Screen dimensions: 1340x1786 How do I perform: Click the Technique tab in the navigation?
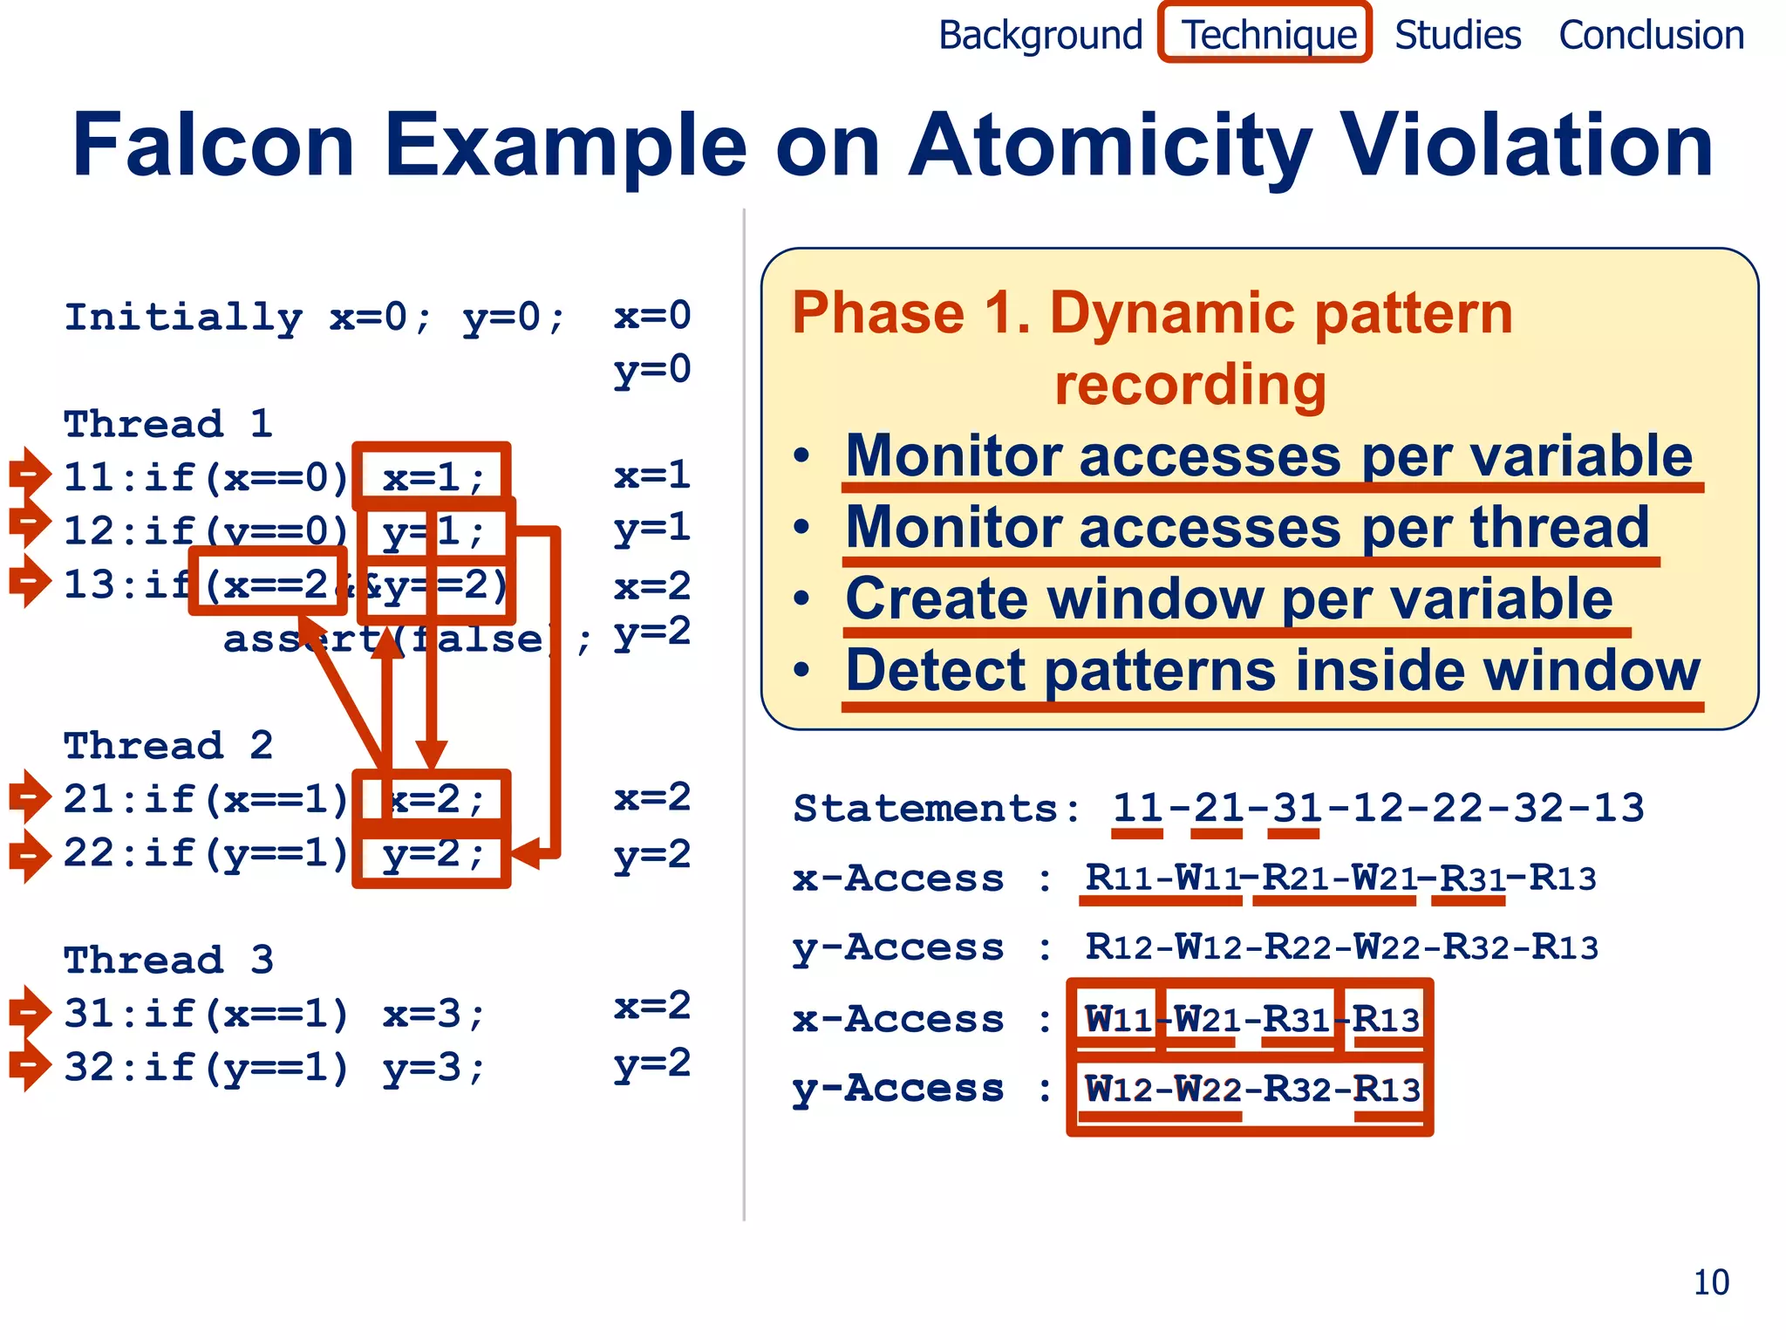(x=1266, y=35)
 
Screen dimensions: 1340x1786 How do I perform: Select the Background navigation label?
(x=1040, y=35)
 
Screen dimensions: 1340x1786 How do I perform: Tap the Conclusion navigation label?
(x=1651, y=35)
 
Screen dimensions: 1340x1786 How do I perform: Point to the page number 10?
(x=1711, y=1282)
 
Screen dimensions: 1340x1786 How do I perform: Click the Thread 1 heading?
(x=168, y=424)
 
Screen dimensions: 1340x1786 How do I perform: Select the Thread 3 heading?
(x=168, y=960)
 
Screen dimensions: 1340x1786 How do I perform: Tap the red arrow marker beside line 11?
(x=30, y=474)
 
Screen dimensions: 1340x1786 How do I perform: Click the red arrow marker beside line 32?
(x=30, y=1064)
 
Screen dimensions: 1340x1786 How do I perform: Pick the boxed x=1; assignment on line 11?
(x=433, y=477)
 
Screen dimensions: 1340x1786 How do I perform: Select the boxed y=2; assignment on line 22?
(x=433, y=853)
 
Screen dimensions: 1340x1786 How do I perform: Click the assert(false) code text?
(x=388, y=639)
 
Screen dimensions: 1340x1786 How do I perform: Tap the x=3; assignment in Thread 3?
(x=433, y=1014)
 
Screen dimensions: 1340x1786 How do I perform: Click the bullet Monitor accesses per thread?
(x=1247, y=527)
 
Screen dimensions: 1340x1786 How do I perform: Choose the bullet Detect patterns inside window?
(x=1271, y=670)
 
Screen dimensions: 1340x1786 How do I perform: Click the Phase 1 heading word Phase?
(x=879, y=312)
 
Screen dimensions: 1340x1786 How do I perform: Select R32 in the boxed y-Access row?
(x=1297, y=1089)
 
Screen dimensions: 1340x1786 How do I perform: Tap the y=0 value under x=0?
(x=651, y=369)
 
